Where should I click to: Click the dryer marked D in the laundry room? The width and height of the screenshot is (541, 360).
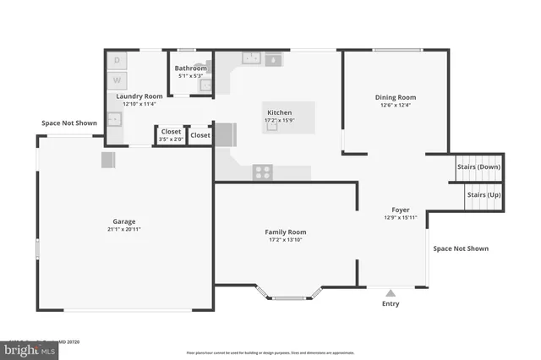click(117, 61)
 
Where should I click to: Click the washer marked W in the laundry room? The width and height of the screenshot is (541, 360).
click(117, 80)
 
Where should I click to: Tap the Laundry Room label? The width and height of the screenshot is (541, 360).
click(139, 96)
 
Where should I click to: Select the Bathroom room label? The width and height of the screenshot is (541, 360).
click(191, 68)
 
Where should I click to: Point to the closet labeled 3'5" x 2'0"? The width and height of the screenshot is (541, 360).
click(171, 136)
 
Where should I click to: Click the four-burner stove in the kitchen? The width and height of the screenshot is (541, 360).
click(263, 172)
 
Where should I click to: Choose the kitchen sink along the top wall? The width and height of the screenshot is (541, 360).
click(252, 58)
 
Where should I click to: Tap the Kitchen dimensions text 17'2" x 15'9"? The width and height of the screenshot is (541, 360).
click(280, 120)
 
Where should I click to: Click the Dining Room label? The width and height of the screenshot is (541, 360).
click(396, 97)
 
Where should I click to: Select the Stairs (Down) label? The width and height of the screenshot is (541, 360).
click(478, 166)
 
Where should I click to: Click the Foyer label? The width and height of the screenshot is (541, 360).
click(400, 210)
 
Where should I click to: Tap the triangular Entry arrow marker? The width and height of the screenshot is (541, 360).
click(391, 292)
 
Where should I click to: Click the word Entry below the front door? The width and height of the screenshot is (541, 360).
click(391, 303)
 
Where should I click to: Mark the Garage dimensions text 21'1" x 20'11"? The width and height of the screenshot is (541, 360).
click(124, 229)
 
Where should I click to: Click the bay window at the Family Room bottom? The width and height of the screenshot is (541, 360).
click(288, 297)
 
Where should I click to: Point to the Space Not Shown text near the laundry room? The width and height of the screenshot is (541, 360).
click(69, 123)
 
